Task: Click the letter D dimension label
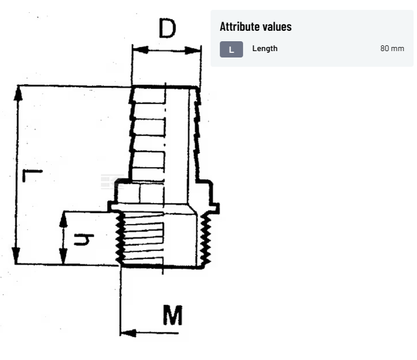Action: point(167,28)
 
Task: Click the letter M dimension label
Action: point(173,315)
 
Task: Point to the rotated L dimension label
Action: point(32,175)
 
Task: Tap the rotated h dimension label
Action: point(84,240)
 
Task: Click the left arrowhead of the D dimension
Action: point(140,49)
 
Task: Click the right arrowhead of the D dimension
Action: point(193,51)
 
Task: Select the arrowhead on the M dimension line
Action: point(128,333)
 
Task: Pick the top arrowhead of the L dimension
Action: point(18,93)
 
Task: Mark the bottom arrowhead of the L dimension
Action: point(16,255)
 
